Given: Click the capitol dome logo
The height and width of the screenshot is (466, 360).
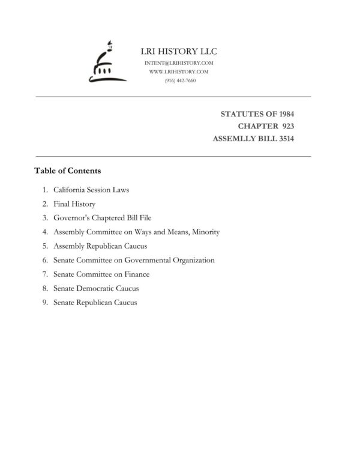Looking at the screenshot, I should (103, 63).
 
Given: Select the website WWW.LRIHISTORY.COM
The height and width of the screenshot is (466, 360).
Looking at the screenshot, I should (179, 71).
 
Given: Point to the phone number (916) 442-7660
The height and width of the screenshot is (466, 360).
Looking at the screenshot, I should (179, 80).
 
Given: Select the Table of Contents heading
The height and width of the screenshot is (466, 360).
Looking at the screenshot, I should (68, 171).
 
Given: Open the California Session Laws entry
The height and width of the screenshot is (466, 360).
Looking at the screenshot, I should (91, 190).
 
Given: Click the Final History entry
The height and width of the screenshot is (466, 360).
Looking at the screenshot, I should (74, 204).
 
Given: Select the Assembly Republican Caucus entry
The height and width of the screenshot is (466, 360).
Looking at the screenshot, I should (100, 246).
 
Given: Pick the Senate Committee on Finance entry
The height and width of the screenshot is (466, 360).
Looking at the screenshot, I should (101, 274).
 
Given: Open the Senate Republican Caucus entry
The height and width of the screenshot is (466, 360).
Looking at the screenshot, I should (95, 303).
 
